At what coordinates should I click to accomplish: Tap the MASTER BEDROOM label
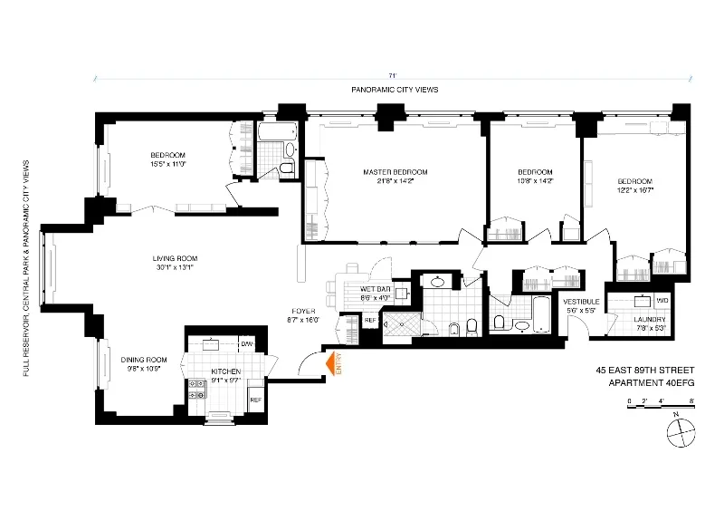[395, 171]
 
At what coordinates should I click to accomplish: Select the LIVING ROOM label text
[175, 259]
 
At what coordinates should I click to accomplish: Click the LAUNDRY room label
[650, 320]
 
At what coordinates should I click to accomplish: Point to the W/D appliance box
[662, 300]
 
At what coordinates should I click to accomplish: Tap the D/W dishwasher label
[247, 344]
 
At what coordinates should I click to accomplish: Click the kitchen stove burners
[198, 390]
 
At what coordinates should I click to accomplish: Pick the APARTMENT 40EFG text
[638, 383]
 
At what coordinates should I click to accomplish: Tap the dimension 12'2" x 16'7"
[634, 190]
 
